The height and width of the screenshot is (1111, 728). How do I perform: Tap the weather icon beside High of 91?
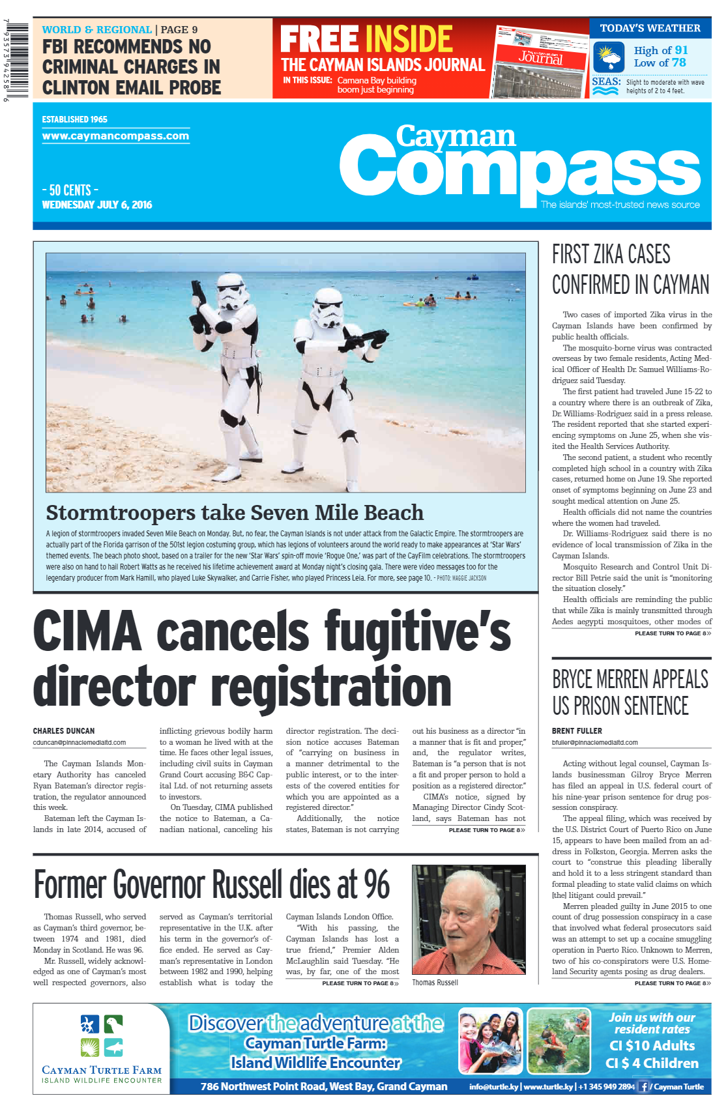coord(609,57)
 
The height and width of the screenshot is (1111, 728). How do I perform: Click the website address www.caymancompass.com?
coord(115,136)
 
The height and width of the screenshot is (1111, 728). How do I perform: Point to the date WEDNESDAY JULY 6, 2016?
coord(96,205)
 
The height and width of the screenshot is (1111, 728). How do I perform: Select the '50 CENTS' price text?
coord(70,190)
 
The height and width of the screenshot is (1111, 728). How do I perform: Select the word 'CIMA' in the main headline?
coord(87,631)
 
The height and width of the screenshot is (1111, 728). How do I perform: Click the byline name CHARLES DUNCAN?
coord(64,731)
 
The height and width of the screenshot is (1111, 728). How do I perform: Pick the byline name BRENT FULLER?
coord(577,731)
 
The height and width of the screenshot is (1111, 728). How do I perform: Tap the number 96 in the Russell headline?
coord(376,885)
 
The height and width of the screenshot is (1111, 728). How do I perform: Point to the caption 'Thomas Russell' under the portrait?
coord(435,983)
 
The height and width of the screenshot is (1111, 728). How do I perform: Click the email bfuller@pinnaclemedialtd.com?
coord(594,742)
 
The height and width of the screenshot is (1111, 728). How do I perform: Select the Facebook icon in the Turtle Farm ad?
coord(644,1086)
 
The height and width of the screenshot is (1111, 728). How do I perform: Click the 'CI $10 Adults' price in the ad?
coord(652,1045)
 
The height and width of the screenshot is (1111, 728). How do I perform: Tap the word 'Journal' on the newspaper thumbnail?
coord(540,57)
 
